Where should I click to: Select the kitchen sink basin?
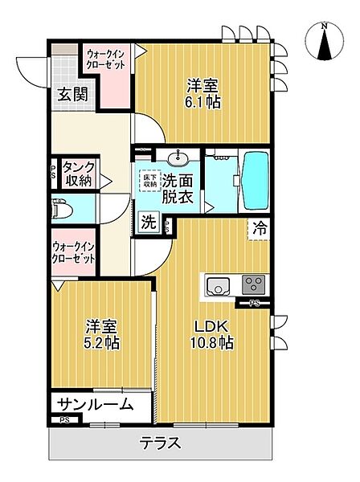click(219, 285)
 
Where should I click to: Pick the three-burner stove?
click(254, 284)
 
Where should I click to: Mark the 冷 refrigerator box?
click(260, 228)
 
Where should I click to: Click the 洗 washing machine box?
click(149, 223)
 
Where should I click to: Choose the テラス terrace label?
click(160, 443)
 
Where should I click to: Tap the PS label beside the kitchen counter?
click(255, 304)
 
